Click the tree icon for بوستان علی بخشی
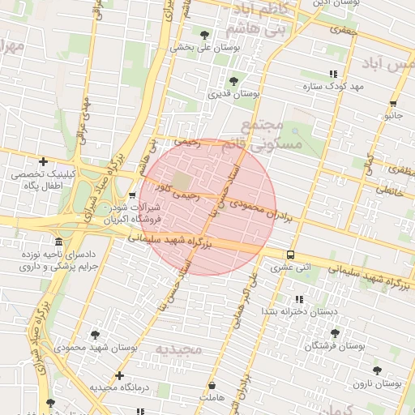coord(203,35)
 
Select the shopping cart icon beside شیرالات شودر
coord(132,195)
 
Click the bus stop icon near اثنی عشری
coord(290,256)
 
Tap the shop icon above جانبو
coord(393,103)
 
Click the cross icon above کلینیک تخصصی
coord(43,162)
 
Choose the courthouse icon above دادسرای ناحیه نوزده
coord(58,242)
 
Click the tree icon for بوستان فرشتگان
coord(335,333)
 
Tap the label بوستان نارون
coord(376,383)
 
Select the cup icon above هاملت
coord(212,386)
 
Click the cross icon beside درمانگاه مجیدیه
coord(120,375)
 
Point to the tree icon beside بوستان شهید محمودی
coord(95,334)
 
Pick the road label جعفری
coord(343,29)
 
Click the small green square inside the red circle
coord(182,180)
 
